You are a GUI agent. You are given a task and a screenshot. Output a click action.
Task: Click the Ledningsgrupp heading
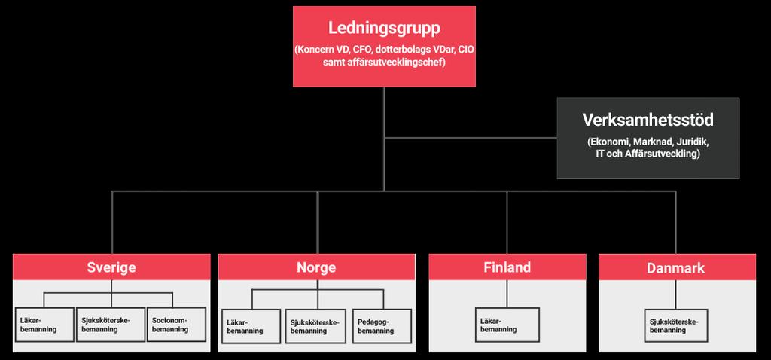click(384, 29)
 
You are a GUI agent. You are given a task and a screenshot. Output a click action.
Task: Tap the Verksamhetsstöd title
click(648, 120)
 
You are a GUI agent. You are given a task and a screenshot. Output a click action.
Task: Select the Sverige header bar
click(111, 267)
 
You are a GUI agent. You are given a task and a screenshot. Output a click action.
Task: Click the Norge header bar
click(316, 267)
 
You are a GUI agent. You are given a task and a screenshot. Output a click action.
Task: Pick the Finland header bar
click(507, 267)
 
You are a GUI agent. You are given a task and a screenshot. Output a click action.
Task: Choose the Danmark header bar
click(677, 267)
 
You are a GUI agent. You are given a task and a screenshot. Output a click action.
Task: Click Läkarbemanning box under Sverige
click(44, 325)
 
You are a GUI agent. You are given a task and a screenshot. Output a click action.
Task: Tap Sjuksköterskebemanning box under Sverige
click(111, 325)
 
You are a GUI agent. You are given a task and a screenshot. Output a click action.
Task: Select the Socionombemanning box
click(176, 325)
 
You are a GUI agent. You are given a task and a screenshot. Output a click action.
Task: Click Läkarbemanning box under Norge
click(251, 326)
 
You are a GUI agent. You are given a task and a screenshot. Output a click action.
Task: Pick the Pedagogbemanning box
click(382, 326)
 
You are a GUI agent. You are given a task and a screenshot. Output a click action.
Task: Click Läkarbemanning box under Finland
click(507, 325)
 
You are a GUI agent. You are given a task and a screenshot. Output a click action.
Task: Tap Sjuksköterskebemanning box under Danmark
click(676, 325)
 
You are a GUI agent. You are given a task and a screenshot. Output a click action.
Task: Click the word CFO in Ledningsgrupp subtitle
click(361, 50)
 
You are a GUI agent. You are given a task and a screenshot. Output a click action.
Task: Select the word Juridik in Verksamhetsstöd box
click(692, 142)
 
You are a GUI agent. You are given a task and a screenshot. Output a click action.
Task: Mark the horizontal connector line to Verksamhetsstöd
click(471, 138)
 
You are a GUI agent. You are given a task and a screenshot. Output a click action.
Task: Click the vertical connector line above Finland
click(507, 222)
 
